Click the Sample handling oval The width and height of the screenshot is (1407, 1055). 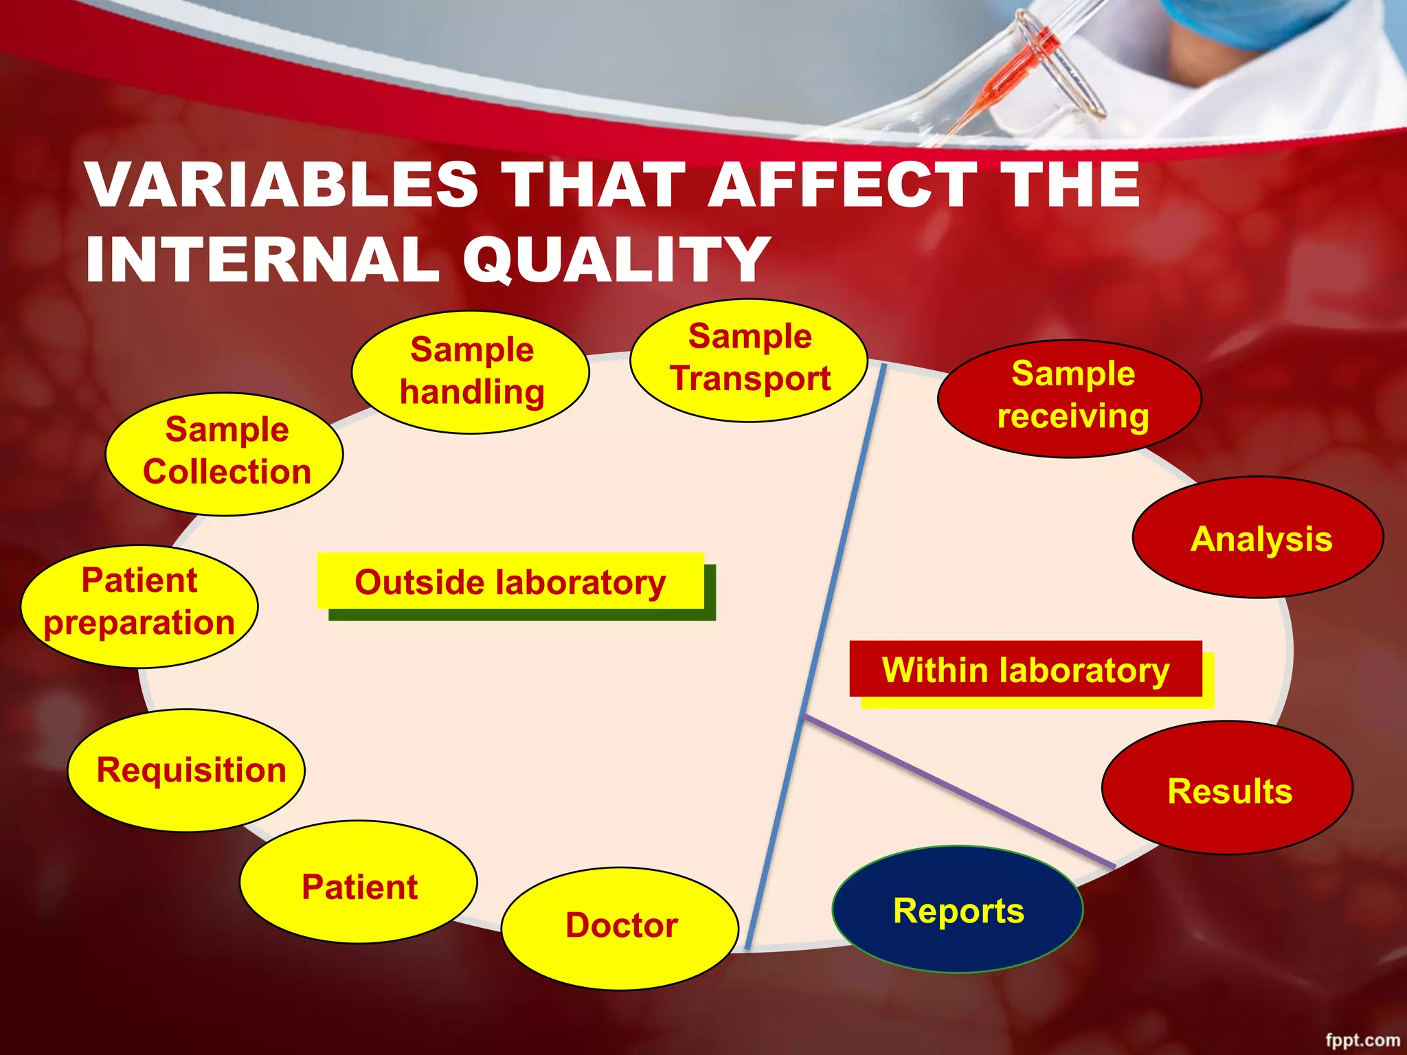(471, 372)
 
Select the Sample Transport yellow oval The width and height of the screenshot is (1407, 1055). (749, 359)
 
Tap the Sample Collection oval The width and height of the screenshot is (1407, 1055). (225, 453)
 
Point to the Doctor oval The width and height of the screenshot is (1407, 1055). (620, 927)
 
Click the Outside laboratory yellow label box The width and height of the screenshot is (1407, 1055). (510, 581)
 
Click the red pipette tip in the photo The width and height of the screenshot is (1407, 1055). (1017, 69)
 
